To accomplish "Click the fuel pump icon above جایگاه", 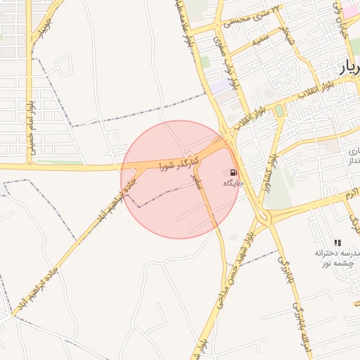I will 233,172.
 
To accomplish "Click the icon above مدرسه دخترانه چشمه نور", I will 338,242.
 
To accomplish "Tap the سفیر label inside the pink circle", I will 196,181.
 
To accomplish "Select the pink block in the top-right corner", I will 349,11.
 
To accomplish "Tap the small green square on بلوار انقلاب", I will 280,110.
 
